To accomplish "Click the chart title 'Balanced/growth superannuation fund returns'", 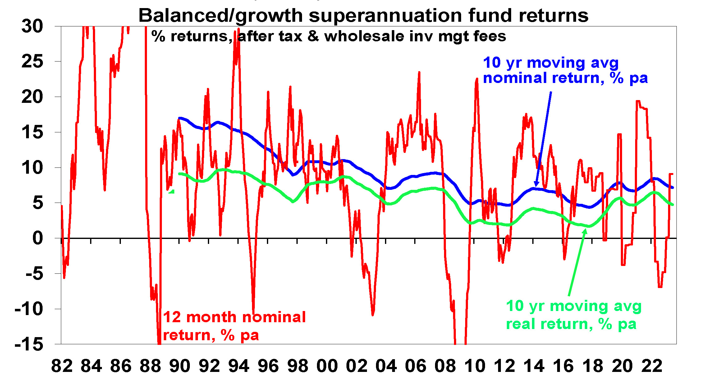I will coord(363,16).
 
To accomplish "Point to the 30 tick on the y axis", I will coord(32,26).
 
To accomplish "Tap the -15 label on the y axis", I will coord(29,344).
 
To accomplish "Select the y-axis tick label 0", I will coord(38,238).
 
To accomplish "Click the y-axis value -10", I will coord(29,309).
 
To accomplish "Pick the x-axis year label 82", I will coord(62,366).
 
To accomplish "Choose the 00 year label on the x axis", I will coord(327,366).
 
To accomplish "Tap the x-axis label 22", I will coord(652,366).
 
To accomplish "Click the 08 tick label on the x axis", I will coord(445,366).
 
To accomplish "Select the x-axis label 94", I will coord(239,366).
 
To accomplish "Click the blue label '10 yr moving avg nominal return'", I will coord(565,70).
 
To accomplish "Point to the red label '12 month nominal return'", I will coord(234,326).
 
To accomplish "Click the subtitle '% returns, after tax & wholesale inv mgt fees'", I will coord(328,36).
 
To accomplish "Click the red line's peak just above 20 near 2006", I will coord(419,73).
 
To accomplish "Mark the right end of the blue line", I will coord(673,187).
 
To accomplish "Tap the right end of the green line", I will coord(673,204).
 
